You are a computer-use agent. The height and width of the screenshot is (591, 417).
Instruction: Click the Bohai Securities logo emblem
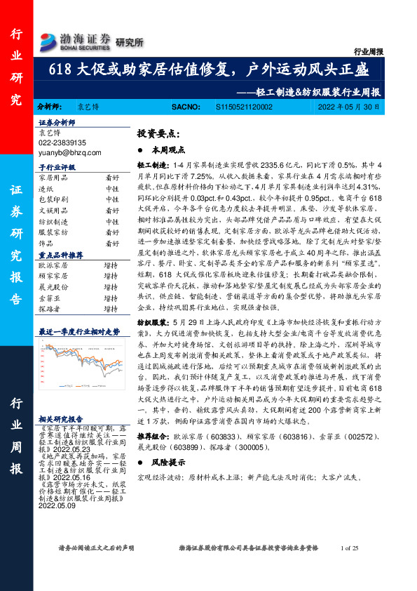pyautogui.click(x=48, y=39)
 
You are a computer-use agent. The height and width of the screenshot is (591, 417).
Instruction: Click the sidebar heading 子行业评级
pyautogui.click(x=57, y=168)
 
